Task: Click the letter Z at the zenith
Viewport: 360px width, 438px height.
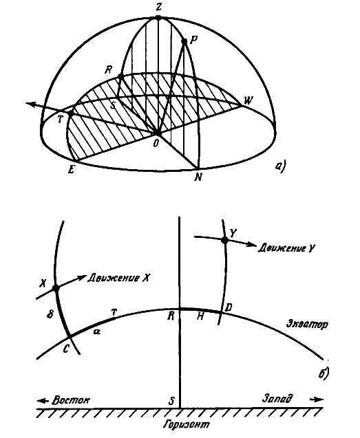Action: coord(158,8)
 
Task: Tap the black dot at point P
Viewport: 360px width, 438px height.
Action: coord(184,42)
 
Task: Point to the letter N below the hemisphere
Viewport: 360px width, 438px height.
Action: coord(198,177)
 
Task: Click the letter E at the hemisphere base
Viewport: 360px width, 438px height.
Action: coord(72,169)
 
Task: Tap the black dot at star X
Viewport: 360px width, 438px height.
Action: coord(56,288)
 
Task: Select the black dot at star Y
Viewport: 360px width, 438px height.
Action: coord(224,240)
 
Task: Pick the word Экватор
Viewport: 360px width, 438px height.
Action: coord(307,325)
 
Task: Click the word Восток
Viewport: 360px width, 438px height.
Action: coord(71,400)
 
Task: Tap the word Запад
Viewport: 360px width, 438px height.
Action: coord(277,397)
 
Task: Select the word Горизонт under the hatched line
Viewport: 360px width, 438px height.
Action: coord(187,425)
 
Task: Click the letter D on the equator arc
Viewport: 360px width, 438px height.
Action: coord(229,308)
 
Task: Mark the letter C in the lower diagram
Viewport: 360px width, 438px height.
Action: coord(66,349)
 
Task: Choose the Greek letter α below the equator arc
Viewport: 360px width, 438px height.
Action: coord(97,331)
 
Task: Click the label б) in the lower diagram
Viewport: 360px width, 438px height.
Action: coord(324,374)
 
